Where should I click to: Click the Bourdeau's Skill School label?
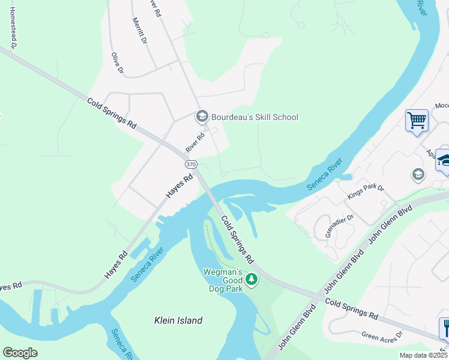coord(255,117)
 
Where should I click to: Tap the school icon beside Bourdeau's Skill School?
coord(202,116)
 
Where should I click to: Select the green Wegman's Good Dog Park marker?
coord(252,279)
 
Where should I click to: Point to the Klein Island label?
coord(178,320)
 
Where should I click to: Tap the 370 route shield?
coord(191,164)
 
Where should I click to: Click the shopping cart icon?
coord(417,121)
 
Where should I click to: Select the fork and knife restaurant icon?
coord(444,328)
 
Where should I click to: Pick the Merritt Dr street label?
coord(139,30)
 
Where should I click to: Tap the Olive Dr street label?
coord(117,64)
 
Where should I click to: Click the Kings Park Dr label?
coord(365,192)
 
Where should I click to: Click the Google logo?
coord(20,353)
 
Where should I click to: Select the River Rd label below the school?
coord(195,143)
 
